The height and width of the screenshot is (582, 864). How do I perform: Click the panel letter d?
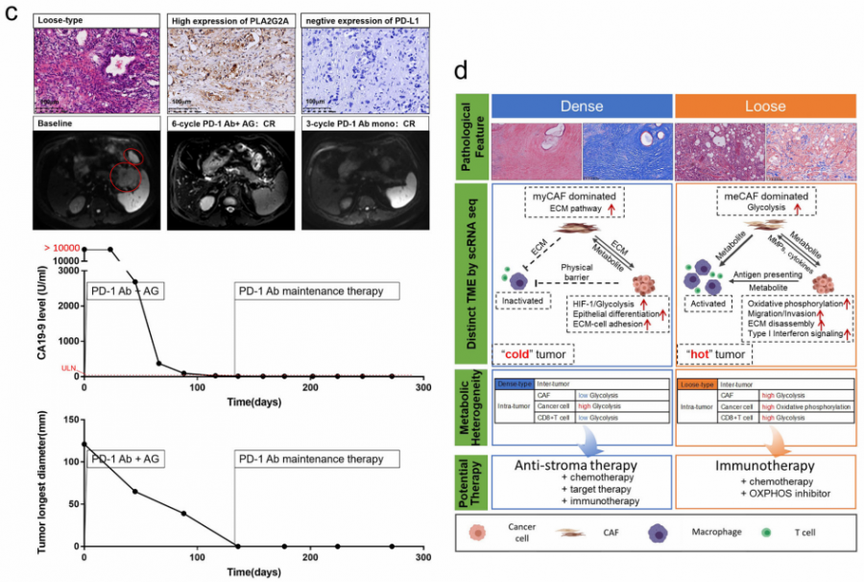tap(461, 71)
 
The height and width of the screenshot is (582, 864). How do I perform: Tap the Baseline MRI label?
tap(54, 126)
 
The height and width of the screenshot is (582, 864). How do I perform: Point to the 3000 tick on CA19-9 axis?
tap(67, 271)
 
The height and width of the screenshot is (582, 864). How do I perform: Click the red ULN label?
tap(68, 367)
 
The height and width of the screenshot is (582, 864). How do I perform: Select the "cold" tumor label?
tap(530, 353)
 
